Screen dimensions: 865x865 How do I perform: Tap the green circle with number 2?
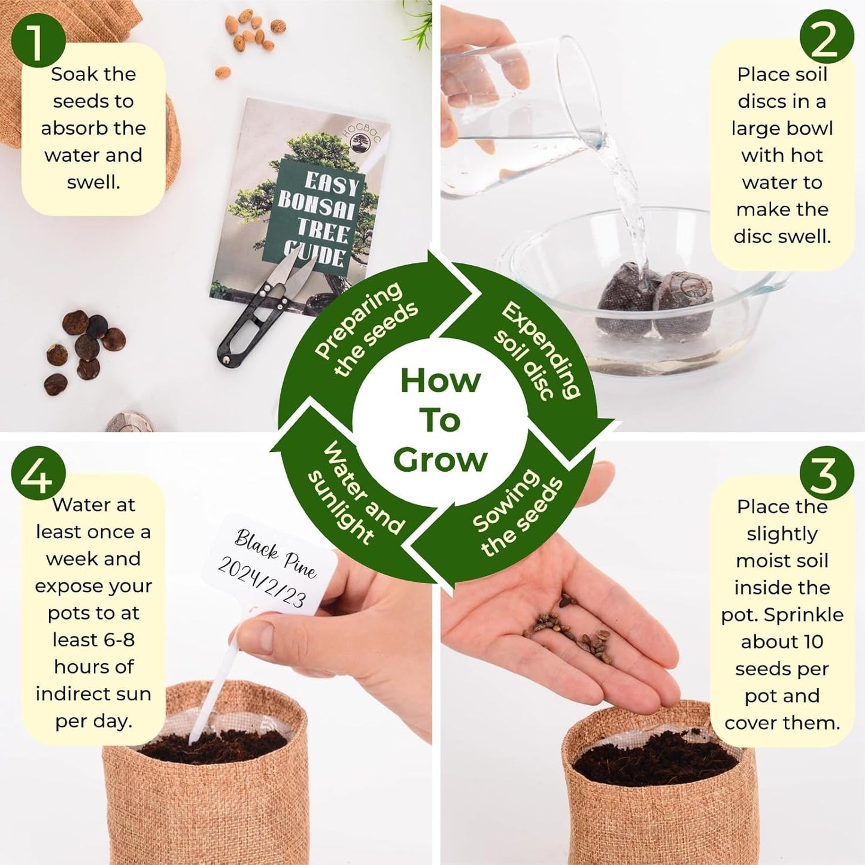pos(826,37)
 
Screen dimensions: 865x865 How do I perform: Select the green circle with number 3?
pos(826,473)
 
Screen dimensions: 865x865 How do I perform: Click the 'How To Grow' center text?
pos(440,420)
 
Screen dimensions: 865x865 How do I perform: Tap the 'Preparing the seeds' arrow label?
pos(365,329)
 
